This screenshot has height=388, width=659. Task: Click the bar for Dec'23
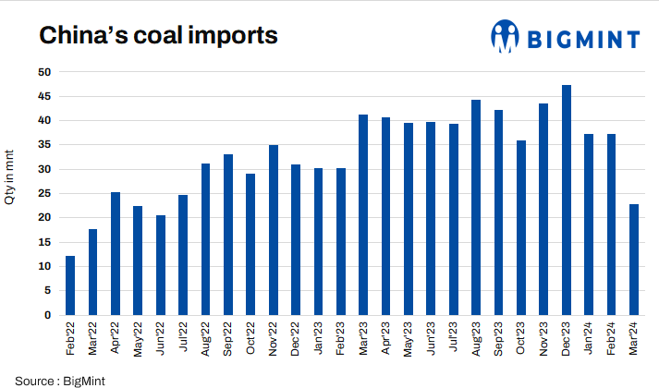pos(567,200)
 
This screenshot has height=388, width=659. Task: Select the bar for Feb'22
pos(70,285)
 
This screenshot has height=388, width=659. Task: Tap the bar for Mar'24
pos(634,260)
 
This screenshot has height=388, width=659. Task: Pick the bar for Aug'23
pos(476,207)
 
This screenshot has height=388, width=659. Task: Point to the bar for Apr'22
pos(116,253)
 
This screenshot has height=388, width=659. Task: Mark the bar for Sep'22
pos(228,235)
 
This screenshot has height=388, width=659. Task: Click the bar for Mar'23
pos(363,214)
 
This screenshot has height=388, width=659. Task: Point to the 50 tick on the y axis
pos(44,72)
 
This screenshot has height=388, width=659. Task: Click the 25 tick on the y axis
pos(44,194)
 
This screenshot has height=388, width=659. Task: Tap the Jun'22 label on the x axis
pos(161,340)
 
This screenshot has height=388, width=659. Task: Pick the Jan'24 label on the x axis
pos(589,340)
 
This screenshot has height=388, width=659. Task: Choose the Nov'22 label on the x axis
pos(274,340)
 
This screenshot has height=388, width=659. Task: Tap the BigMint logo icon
pos(505,38)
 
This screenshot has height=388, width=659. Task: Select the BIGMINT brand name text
pos(583,39)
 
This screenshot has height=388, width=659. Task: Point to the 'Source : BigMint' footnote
pos(54,380)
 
